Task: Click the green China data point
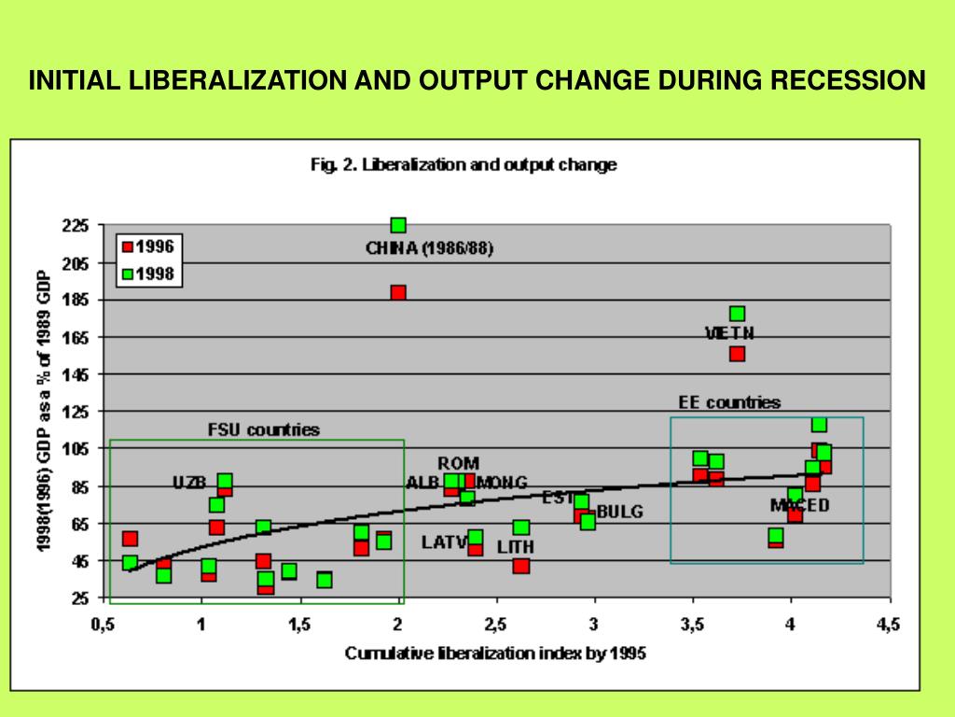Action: pyautogui.click(x=398, y=225)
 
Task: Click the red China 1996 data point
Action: pyautogui.click(x=398, y=292)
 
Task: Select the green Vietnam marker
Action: pyautogui.click(x=737, y=314)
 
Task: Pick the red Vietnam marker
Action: pyautogui.click(x=737, y=353)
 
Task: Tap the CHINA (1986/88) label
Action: pyautogui.click(x=429, y=248)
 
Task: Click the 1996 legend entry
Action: pyautogui.click(x=154, y=246)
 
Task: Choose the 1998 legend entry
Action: pyautogui.click(x=154, y=274)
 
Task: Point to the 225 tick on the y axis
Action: pyautogui.click(x=76, y=225)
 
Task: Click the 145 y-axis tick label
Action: pyautogui.click(x=76, y=374)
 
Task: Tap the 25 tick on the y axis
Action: pyautogui.click(x=80, y=598)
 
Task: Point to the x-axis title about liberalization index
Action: pyautogui.click(x=495, y=654)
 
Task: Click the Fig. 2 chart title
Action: pyautogui.click(x=463, y=165)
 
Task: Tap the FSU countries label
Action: pyautogui.click(x=263, y=430)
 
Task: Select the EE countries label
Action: pyautogui.click(x=728, y=403)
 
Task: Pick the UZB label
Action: pyautogui.click(x=189, y=483)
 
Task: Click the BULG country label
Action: pyautogui.click(x=619, y=512)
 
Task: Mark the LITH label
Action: pyautogui.click(x=516, y=546)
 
